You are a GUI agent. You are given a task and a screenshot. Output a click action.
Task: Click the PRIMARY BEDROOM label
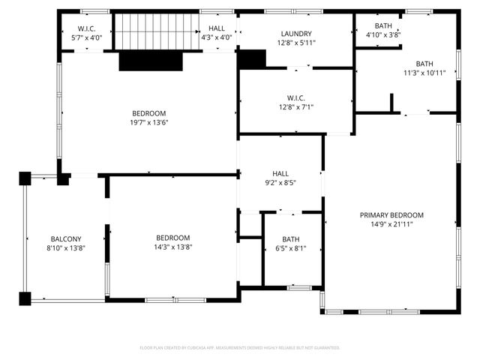click(391, 214)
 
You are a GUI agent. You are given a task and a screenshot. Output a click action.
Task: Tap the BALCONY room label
click(66, 238)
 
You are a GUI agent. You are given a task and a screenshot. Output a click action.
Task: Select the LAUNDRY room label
click(296, 34)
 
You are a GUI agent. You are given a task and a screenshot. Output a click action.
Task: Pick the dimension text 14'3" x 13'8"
click(172, 247)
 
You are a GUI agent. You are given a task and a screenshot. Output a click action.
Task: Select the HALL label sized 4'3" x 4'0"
click(216, 28)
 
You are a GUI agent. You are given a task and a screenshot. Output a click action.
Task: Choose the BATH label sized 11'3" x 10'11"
click(424, 64)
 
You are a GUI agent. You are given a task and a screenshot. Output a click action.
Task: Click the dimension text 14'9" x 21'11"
click(391, 223)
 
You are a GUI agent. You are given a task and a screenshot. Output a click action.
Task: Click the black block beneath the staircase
click(151, 61)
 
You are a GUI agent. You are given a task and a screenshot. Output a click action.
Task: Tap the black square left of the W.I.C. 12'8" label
click(252, 58)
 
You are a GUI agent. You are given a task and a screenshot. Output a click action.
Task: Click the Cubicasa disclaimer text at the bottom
click(240, 347)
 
